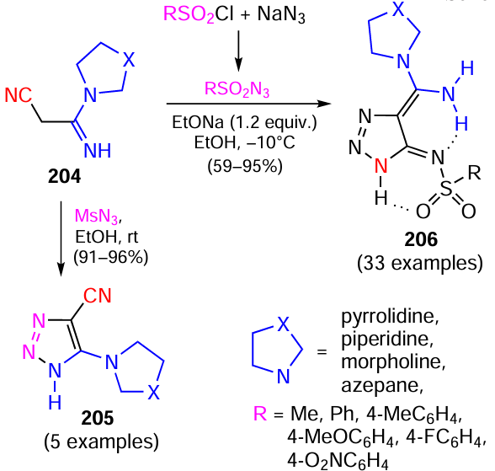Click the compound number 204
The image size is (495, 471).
(64, 176)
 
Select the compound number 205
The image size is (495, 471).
(98, 418)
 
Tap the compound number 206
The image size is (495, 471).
(421, 239)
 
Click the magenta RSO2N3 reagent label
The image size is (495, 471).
(237, 88)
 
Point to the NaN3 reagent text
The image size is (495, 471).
(281, 15)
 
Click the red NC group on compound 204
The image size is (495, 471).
(19, 94)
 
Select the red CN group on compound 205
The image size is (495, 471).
(98, 296)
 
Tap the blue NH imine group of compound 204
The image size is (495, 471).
(98, 150)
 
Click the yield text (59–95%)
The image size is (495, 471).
(245, 165)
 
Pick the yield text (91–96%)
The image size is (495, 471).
(111, 257)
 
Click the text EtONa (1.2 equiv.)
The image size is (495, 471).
(244, 122)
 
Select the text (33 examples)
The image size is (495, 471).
(420, 263)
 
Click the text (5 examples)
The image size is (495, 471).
(101, 442)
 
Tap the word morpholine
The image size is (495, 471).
(393, 361)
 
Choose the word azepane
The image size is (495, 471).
(382, 385)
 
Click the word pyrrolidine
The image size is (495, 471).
(391, 316)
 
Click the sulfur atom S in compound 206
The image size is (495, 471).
(446, 188)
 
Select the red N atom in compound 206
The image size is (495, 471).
(381, 165)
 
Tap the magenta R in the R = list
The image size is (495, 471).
(260, 413)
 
